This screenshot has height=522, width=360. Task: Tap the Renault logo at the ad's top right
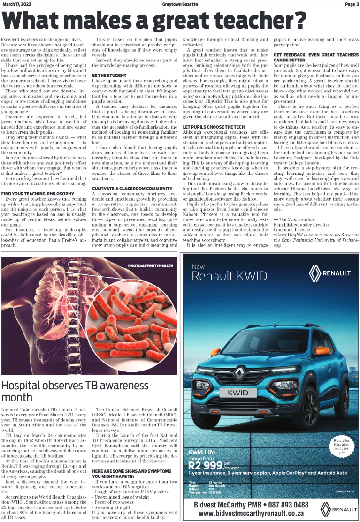pos(329,272)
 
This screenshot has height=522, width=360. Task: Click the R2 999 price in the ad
pos(206,466)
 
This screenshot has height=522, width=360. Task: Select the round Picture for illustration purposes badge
pos(342,447)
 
